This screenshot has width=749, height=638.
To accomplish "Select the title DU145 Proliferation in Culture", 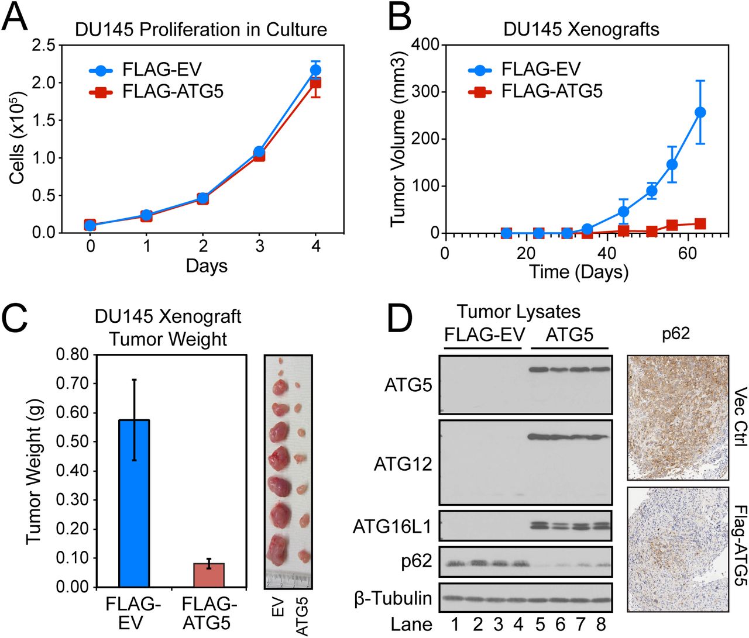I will tap(201, 30).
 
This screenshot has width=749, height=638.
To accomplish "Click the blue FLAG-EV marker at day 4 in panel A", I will tap(315, 70).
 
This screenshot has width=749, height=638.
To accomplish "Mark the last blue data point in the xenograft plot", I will tap(700, 112).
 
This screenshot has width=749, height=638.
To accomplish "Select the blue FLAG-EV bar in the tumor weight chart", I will tap(134, 503).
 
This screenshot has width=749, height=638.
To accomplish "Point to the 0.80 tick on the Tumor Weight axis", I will tap(72, 354).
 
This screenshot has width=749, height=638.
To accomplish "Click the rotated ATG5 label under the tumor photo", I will tap(301, 616).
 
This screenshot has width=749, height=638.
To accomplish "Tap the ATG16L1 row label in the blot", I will tap(392, 527).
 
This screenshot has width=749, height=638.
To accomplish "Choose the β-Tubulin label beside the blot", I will tap(393, 598).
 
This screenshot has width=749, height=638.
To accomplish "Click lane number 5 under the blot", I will tap(540, 624).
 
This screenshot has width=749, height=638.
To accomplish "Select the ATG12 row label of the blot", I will tap(403, 464).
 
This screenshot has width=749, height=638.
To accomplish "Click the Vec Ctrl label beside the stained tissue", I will tap(740, 416).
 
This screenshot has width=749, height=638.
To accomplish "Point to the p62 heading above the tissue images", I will tap(676, 334).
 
